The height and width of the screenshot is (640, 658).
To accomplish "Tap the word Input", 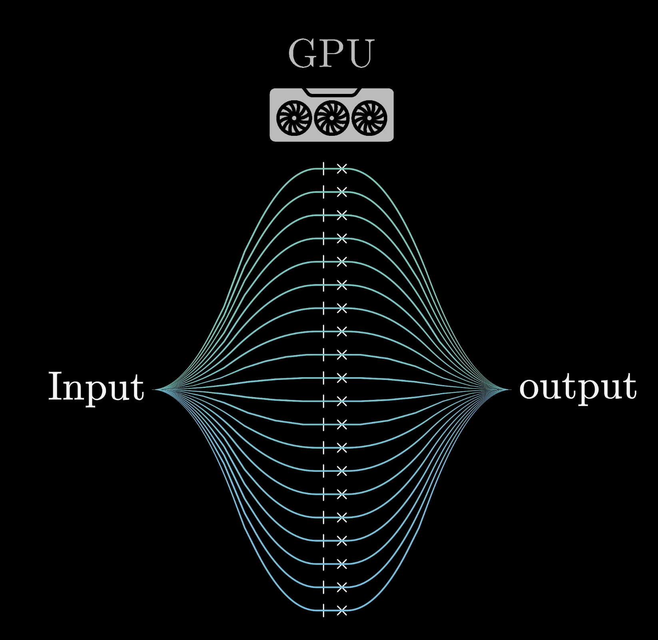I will pyautogui.click(x=96, y=386).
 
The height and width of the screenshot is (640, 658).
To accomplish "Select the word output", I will pyautogui.click(x=577, y=386).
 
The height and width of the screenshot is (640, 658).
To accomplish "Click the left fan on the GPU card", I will pyautogui.click(x=294, y=118).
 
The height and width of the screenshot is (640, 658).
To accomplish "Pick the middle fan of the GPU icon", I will pyautogui.click(x=331, y=118).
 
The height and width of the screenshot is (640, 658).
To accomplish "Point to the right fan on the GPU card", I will pyautogui.click(x=369, y=118).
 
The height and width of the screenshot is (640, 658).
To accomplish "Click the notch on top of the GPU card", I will pyautogui.click(x=332, y=92).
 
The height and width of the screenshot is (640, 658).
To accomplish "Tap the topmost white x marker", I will pyautogui.click(x=342, y=169).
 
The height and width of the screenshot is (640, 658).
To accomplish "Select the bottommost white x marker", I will pyautogui.click(x=342, y=610).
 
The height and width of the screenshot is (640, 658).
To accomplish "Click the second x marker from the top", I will pyautogui.click(x=342, y=192).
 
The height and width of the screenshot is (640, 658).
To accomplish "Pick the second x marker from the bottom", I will pyautogui.click(x=342, y=587).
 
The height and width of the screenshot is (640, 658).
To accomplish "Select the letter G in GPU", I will pyautogui.click(x=302, y=54).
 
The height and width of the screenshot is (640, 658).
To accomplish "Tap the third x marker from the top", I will pyautogui.click(x=342, y=215).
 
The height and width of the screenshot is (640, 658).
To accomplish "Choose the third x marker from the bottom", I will pyautogui.click(x=342, y=564).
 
